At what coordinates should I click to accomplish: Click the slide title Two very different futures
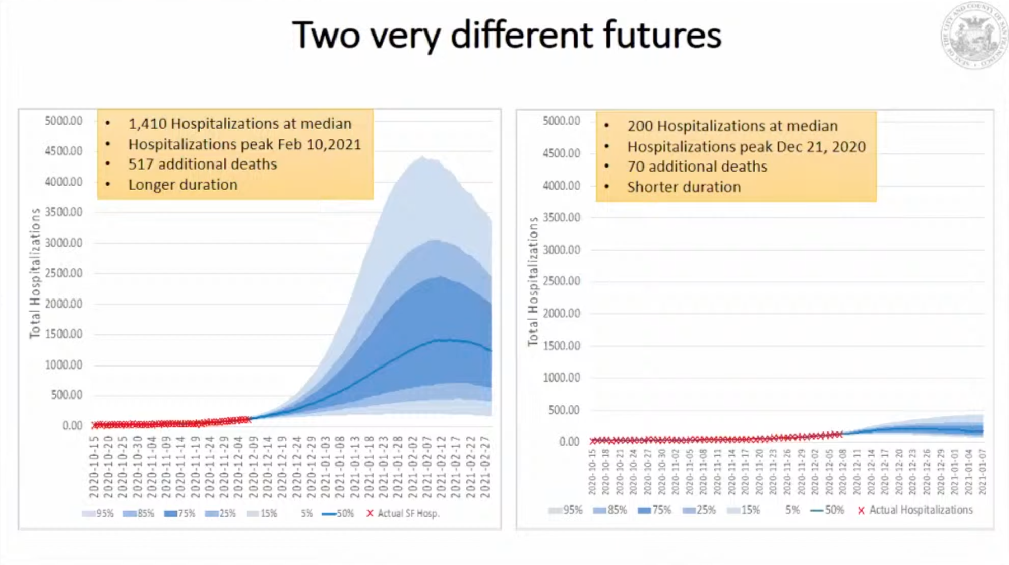click(x=506, y=35)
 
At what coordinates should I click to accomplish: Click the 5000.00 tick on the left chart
click(x=63, y=121)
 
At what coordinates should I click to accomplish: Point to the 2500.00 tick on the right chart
click(x=561, y=281)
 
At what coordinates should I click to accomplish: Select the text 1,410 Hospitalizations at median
click(x=239, y=124)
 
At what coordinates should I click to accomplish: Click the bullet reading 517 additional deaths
click(x=202, y=164)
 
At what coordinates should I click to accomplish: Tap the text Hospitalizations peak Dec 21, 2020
click(x=746, y=147)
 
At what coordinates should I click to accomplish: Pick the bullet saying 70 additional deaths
click(x=696, y=167)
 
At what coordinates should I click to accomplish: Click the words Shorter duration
click(x=684, y=187)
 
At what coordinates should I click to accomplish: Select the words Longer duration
click(x=182, y=185)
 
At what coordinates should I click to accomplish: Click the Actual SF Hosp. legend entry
click(x=403, y=513)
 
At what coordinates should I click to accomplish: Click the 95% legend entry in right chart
click(x=565, y=510)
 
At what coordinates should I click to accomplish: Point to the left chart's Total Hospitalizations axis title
click(x=35, y=273)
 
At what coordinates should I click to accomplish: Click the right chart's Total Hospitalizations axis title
click(x=533, y=282)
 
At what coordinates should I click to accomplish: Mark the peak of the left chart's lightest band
click(x=422, y=158)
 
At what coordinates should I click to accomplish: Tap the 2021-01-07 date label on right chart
click(x=982, y=472)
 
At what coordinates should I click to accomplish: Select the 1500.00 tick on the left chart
click(x=63, y=334)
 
